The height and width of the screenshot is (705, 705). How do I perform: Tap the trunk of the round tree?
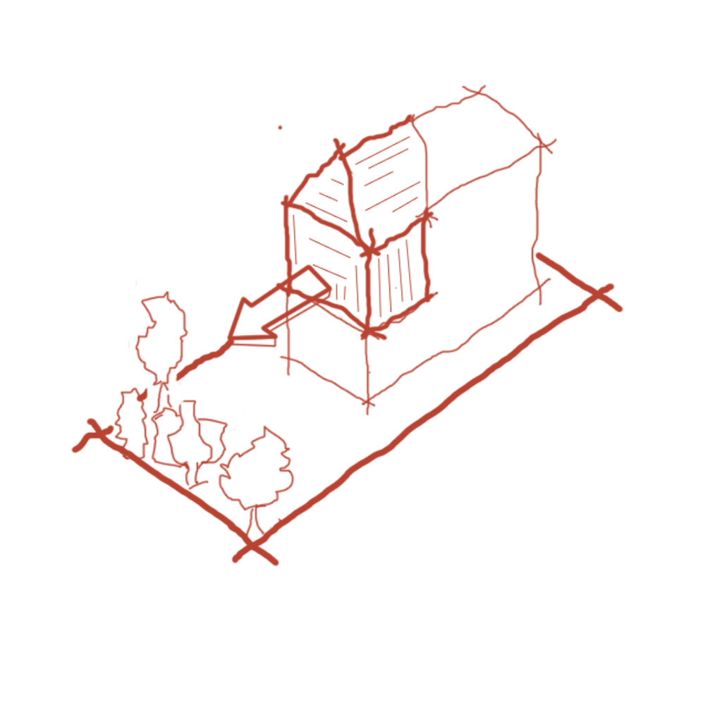(x=252, y=522)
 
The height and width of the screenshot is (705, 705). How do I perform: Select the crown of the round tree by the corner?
(x=255, y=469)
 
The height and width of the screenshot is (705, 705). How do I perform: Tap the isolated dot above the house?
(x=280, y=128)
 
